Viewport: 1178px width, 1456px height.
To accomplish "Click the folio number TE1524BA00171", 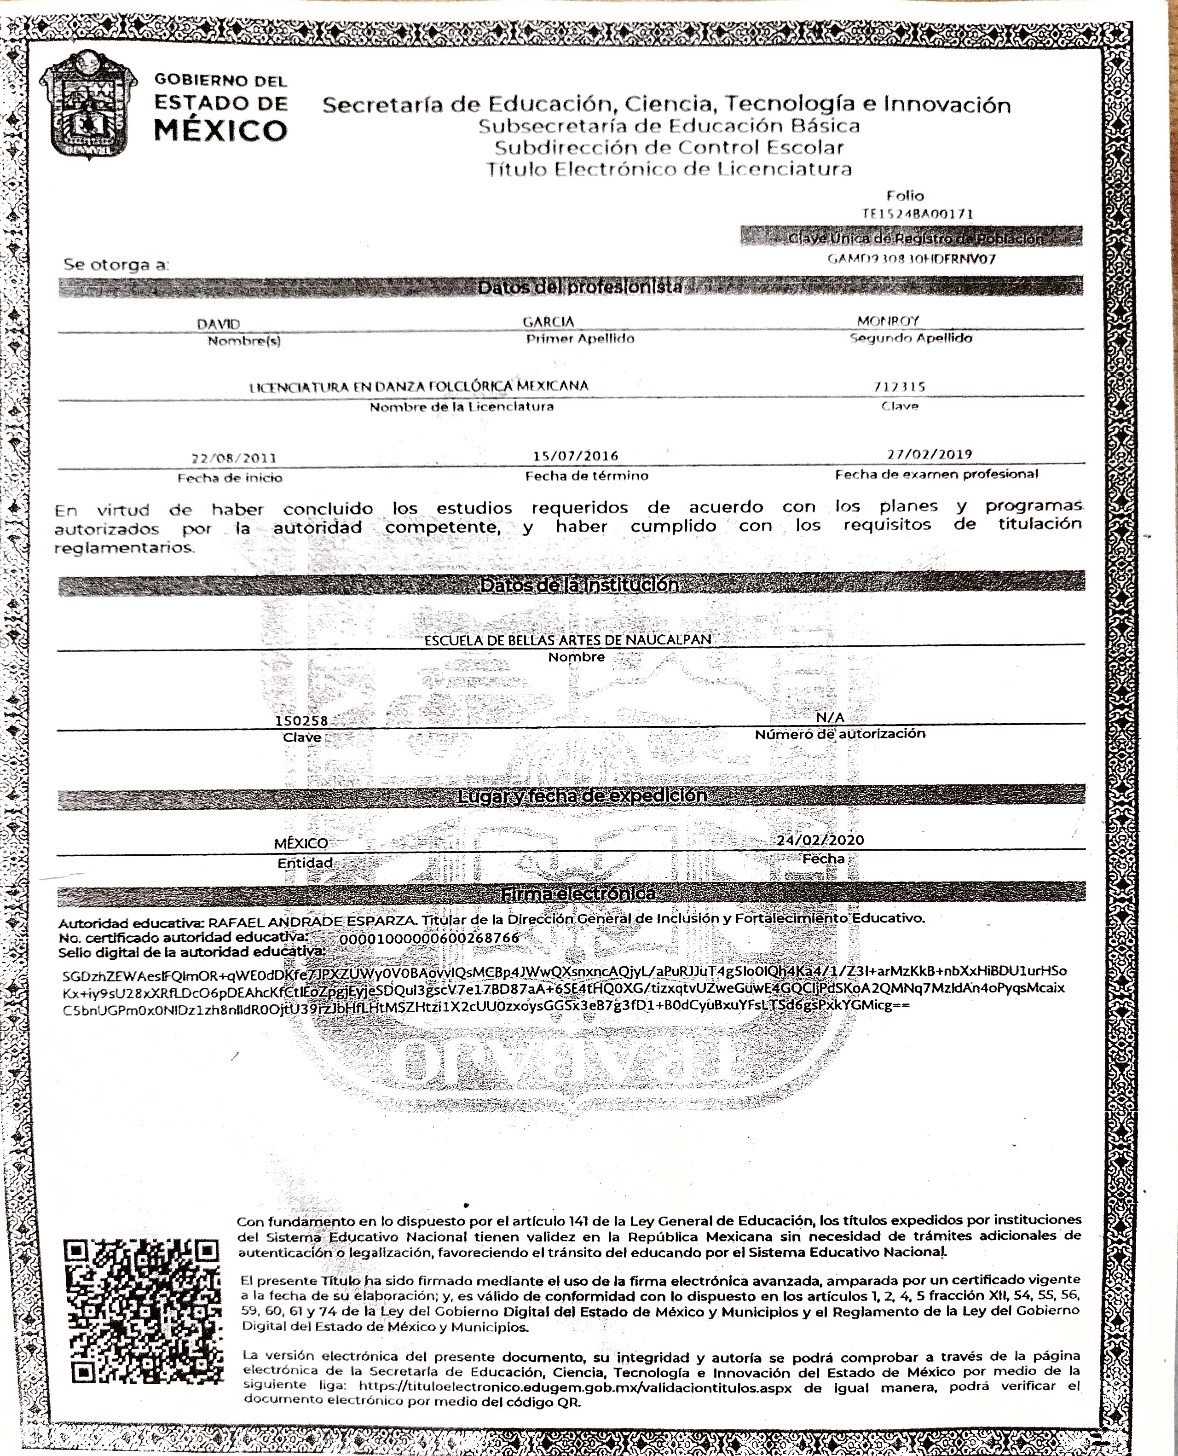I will point(918,214).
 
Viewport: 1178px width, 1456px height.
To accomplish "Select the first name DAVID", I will point(219,325).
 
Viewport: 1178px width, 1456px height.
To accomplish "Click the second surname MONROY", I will point(888,320).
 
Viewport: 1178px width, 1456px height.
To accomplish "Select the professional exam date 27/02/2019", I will point(929,454).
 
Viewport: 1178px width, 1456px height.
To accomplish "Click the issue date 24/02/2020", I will point(820,840).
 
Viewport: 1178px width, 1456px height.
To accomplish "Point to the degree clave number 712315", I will point(900,387).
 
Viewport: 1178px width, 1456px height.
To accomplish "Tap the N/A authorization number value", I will point(831,718).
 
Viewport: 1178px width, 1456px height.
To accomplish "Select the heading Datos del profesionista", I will point(580,287).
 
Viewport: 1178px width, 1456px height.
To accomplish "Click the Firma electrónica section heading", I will point(578,894).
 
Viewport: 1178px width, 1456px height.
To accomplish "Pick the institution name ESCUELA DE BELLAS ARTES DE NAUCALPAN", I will point(567,639).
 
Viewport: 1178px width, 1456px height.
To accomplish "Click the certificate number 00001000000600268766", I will point(429,938).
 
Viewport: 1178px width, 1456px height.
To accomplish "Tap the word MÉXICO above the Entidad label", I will point(300,843).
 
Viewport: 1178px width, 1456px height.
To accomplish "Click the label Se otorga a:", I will point(116,264).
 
